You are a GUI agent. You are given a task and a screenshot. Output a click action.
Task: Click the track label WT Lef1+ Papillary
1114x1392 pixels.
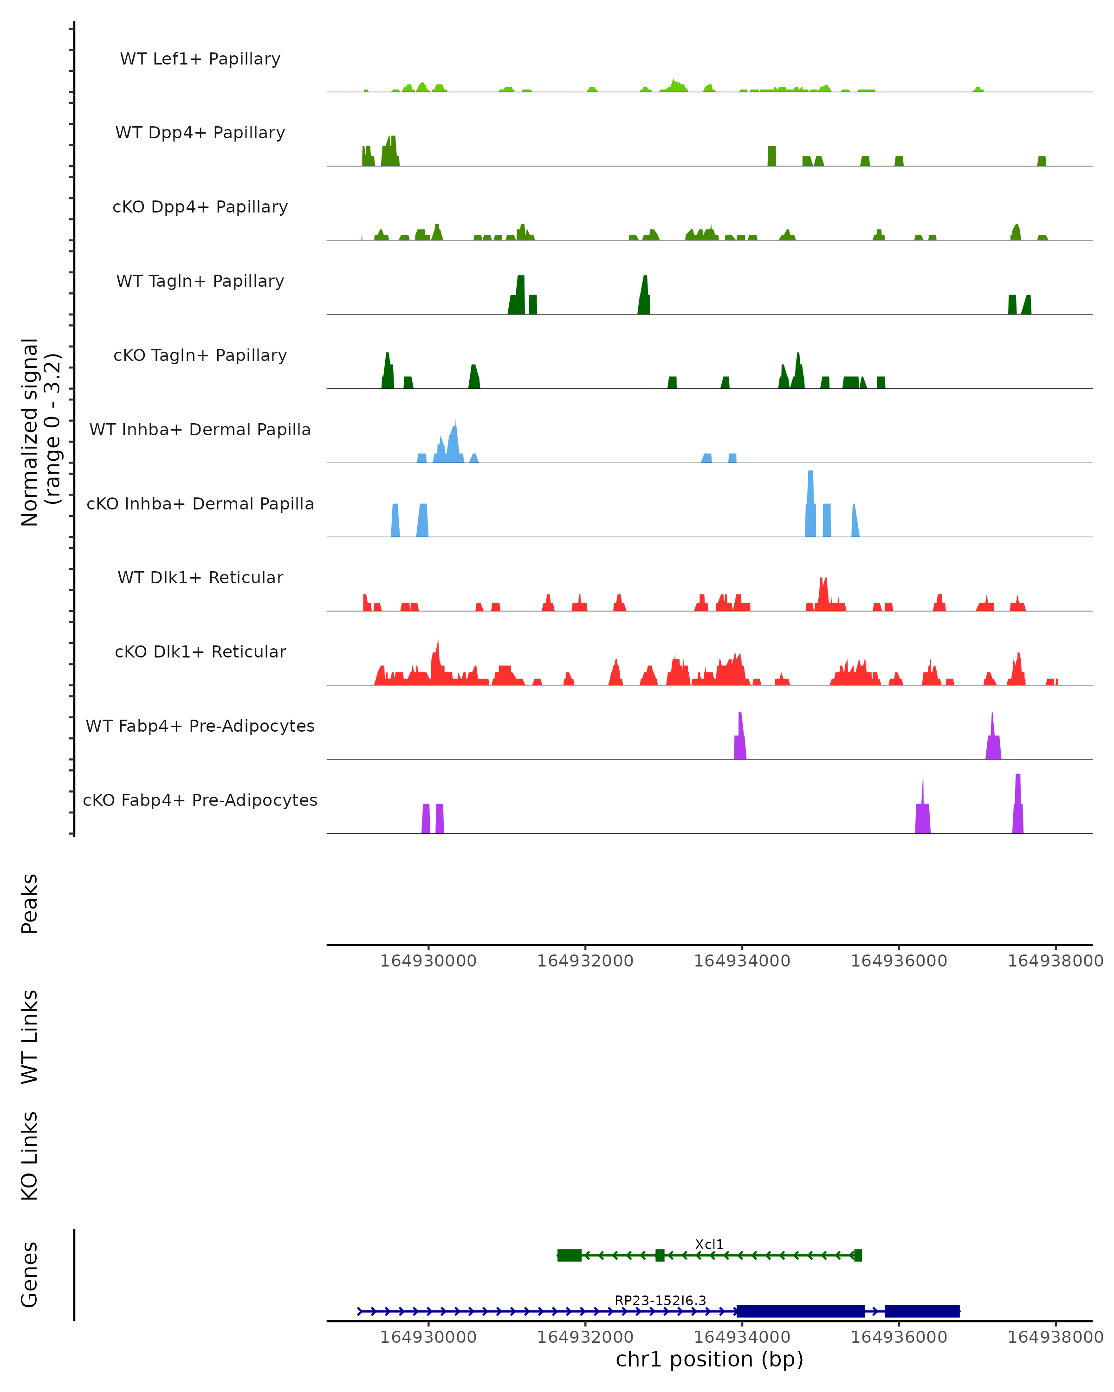(x=200, y=59)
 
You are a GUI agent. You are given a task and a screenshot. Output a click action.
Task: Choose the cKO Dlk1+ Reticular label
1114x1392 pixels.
(x=200, y=651)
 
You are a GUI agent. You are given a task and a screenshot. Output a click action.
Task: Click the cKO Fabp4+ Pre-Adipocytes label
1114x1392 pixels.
(x=200, y=800)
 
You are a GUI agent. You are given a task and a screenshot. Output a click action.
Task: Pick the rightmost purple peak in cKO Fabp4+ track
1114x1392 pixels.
(x=1018, y=804)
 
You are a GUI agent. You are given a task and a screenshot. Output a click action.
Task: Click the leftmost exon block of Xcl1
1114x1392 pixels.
(x=569, y=1255)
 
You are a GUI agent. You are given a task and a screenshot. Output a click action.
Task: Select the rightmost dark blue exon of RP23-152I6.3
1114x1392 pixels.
(x=921, y=1311)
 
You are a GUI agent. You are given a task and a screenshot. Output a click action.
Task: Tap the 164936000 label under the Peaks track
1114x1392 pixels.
(x=898, y=961)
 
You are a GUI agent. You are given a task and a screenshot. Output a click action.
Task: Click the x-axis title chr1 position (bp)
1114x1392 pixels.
(x=709, y=1359)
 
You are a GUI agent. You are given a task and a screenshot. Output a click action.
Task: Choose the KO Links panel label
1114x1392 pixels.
(x=30, y=1156)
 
